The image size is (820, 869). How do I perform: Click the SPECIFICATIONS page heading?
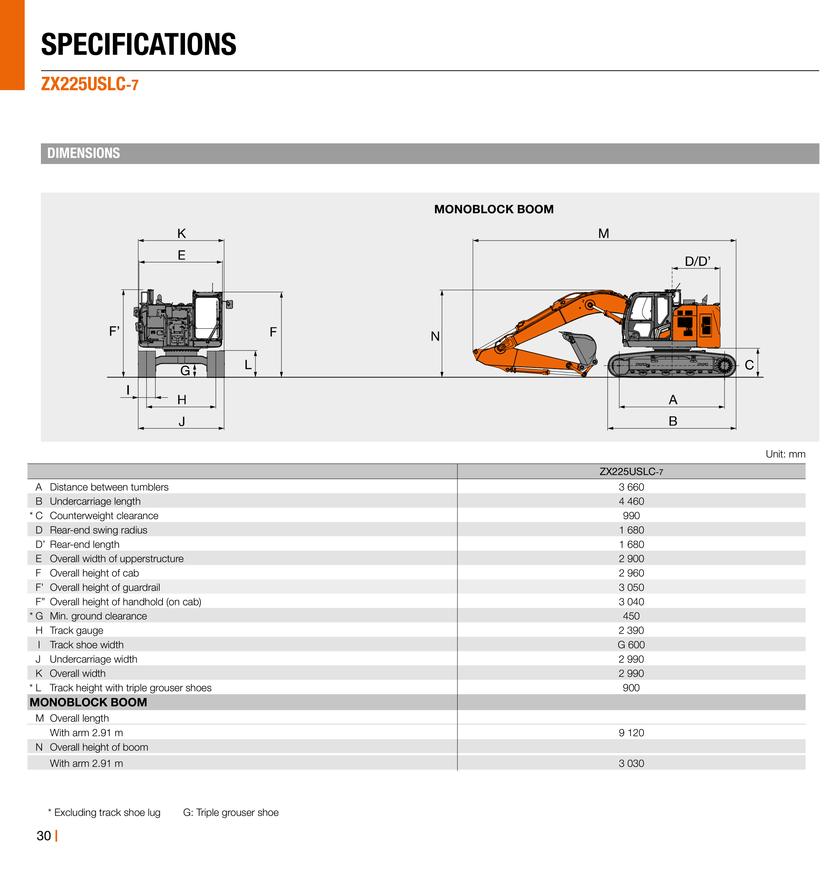pyautogui.click(x=139, y=45)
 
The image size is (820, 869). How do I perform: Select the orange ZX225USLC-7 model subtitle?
pyautogui.click(x=90, y=84)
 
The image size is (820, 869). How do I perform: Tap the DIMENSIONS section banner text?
pyautogui.click(x=84, y=153)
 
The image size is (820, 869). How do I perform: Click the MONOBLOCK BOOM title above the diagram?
pyautogui.click(x=493, y=209)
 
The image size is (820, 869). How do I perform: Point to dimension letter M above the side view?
pyautogui.click(x=603, y=234)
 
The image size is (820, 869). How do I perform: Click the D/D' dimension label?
pyautogui.click(x=697, y=261)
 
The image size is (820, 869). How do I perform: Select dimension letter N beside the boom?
pyautogui.click(x=435, y=336)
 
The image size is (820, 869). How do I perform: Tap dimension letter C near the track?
pyautogui.click(x=749, y=365)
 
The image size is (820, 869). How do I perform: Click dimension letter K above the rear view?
pyautogui.click(x=181, y=234)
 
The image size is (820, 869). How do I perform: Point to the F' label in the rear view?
pyautogui.click(x=114, y=331)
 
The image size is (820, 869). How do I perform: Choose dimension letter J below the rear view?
pyautogui.click(x=181, y=421)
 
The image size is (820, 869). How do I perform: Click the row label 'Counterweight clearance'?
pyautogui.click(x=104, y=515)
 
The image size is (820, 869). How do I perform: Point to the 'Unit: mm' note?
pyautogui.click(x=785, y=454)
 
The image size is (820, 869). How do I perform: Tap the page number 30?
pyautogui.click(x=44, y=836)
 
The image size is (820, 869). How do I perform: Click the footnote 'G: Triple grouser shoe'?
pyautogui.click(x=231, y=813)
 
